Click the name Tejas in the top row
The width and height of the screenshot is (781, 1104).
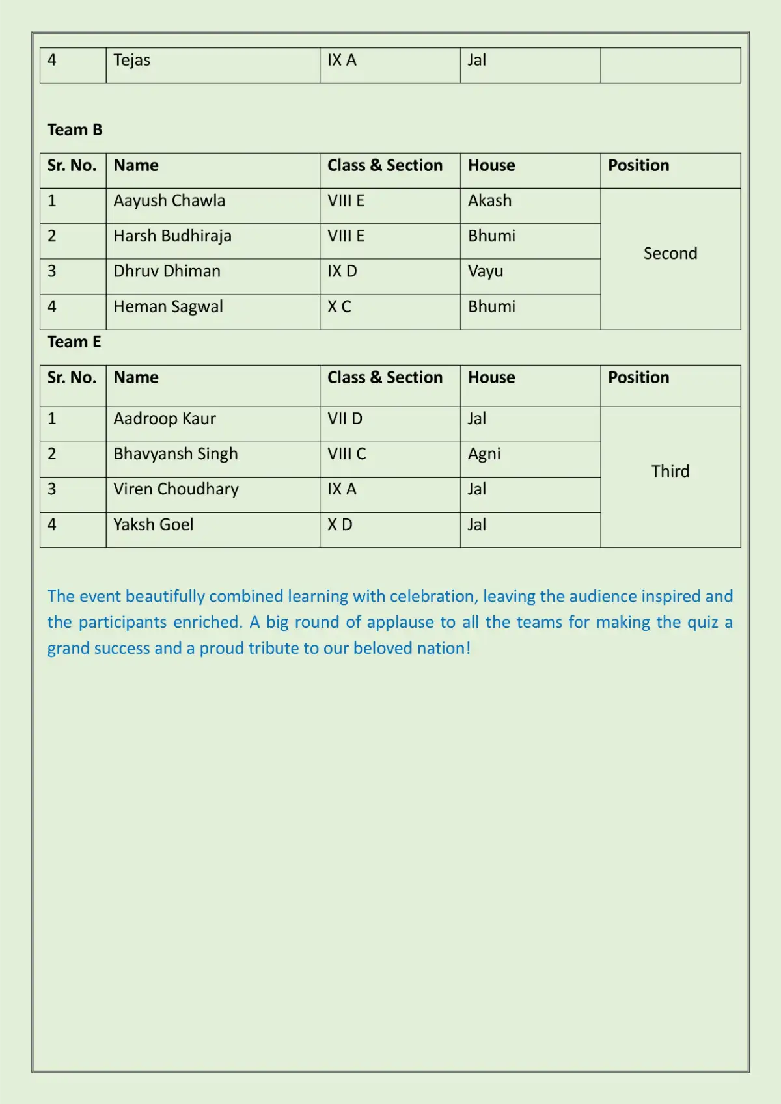(131, 61)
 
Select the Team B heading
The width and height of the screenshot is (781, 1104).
(75, 130)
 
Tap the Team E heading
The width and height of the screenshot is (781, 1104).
(74, 342)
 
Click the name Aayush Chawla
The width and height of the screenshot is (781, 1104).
(169, 201)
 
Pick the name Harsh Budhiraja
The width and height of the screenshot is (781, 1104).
(172, 236)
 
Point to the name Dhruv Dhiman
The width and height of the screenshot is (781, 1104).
(167, 271)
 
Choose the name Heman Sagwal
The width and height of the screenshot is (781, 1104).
(168, 306)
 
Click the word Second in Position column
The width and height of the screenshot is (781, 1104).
(670, 254)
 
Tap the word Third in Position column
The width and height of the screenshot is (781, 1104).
(670, 472)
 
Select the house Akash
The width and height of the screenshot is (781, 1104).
(489, 201)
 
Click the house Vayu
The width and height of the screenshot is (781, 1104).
(486, 271)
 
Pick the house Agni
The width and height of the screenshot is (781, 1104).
(484, 454)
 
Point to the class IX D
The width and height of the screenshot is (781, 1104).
(342, 271)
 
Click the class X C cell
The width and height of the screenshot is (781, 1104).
(339, 306)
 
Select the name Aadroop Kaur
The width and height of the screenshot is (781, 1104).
(165, 419)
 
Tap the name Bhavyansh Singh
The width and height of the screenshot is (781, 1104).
(176, 454)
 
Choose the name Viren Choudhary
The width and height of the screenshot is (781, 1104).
(176, 489)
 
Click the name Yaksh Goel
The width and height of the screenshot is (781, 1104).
(154, 525)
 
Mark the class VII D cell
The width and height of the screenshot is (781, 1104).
(345, 419)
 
